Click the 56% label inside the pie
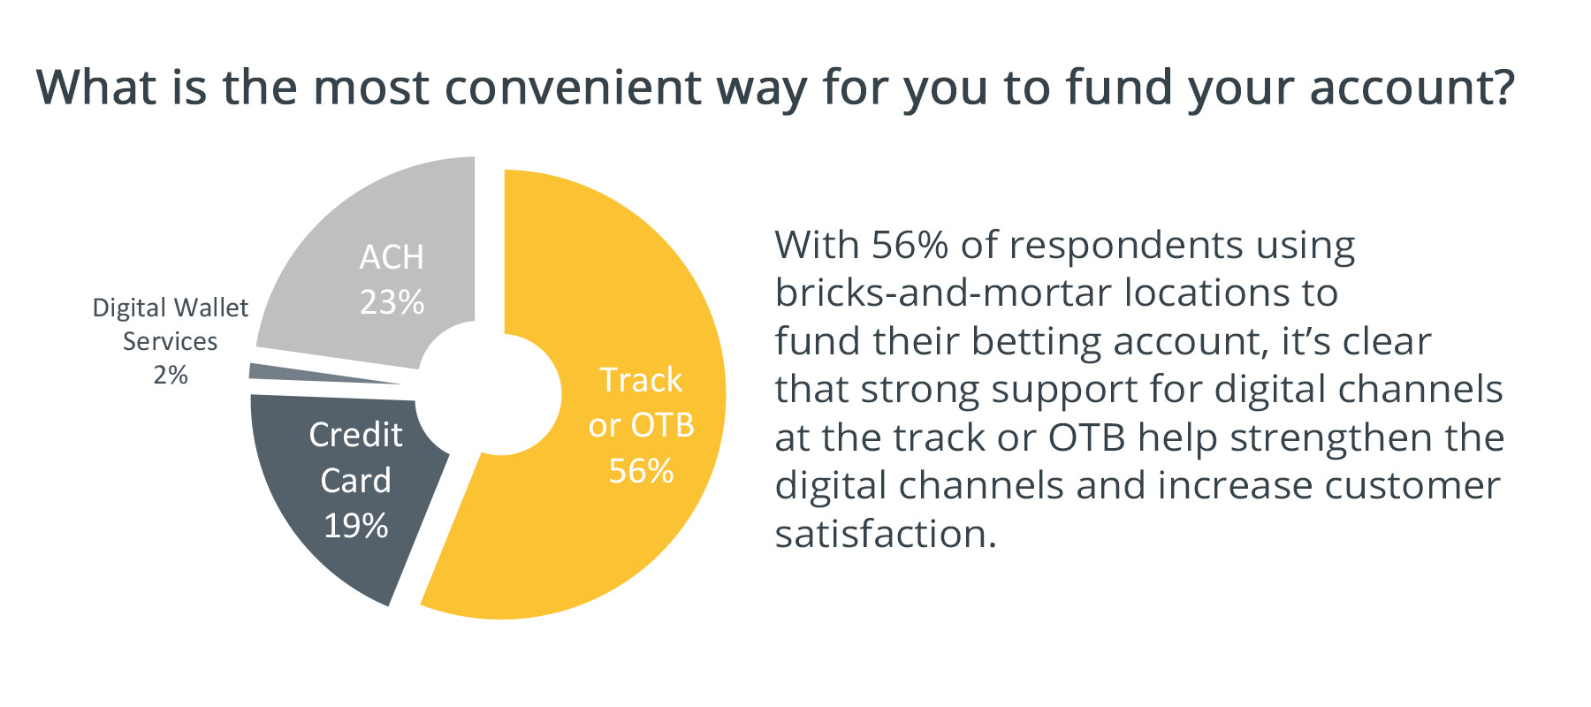pos(641,471)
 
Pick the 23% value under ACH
pos(392,302)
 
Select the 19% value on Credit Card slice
pos(355,526)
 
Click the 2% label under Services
pos(171,375)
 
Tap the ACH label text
pos(392,257)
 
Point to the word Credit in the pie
pos(355,435)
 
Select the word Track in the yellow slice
pos(641,380)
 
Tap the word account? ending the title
pos(1412,87)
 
